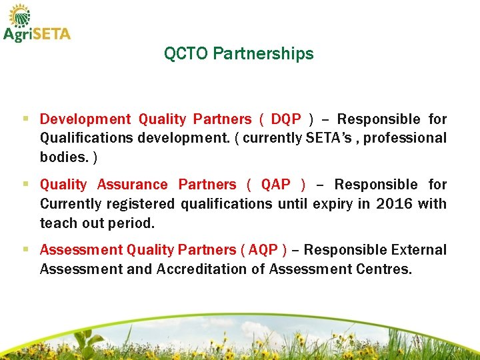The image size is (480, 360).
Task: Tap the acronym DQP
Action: tap(286, 119)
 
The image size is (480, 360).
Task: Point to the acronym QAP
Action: tap(275, 185)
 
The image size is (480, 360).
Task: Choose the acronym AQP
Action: tap(265, 250)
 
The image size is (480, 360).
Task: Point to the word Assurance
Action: tap(132, 185)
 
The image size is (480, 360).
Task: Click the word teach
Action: tap(58, 222)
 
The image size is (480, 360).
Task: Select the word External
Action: tap(419, 250)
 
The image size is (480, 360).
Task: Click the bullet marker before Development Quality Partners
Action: tap(25, 119)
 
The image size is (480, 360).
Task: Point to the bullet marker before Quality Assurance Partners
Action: tap(25, 185)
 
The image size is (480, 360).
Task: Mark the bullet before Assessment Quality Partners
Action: tap(25, 250)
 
